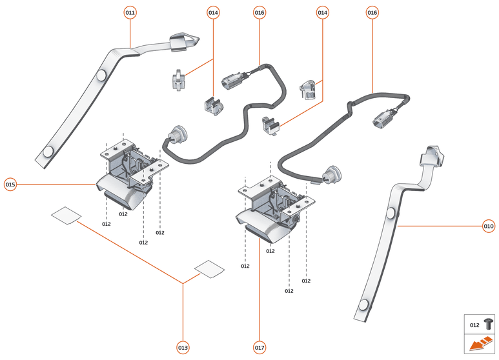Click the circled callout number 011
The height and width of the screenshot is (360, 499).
pyautogui.click(x=130, y=12)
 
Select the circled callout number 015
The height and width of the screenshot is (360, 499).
pyautogui.click(x=10, y=185)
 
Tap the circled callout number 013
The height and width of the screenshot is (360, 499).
pyautogui.click(x=183, y=348)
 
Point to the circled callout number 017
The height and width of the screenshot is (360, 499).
pyautogui.click(x=260, y=348)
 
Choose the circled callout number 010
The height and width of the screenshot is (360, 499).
pyautogui.click(x=489, y=226)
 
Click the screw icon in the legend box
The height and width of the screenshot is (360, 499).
pyautogui.click(x=488, y=325)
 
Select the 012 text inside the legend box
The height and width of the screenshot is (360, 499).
pyautogui.click(x=474, y=325)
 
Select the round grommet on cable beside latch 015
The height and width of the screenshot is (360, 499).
pyautogui.click(x=176, y=134)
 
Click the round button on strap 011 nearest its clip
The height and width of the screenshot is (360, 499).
pyautogui.click(x=101, y=75)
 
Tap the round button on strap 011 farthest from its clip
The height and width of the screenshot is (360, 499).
pyautogui.click(x=48, y=152)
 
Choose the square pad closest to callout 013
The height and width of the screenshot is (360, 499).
pyautogui.click(x=209, y=269)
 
